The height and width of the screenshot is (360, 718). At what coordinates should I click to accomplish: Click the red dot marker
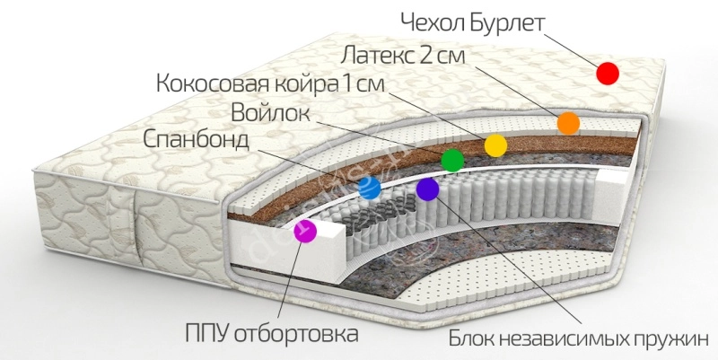tap(608, 74)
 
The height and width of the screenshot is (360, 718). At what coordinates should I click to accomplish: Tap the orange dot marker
tap(568, 123)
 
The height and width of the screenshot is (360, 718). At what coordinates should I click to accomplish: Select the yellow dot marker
tap(495, 145)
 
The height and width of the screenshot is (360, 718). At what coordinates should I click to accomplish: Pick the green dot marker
tap(452, 160)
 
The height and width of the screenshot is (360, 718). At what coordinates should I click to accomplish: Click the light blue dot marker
tap(369, 189)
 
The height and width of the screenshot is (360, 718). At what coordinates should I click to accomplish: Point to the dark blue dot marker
tap(428, 189)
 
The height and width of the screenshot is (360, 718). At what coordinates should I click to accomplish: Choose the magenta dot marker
tap(306, 231)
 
